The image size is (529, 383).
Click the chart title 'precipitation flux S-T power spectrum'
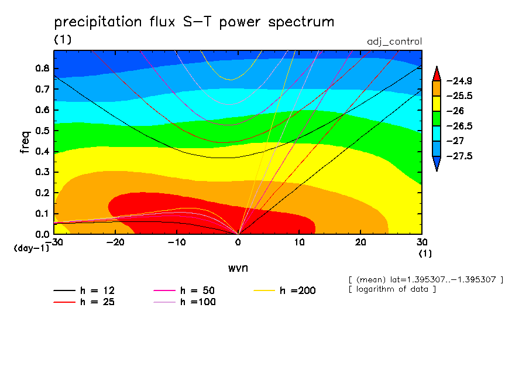tap(194, 23)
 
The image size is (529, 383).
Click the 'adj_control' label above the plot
tap(394, 42)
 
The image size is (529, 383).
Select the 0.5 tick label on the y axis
tap(42, 131)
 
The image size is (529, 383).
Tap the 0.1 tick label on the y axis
tap(42, 214)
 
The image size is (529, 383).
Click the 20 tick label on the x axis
tap(360, 242)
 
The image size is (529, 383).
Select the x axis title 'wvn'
tap(238, 268)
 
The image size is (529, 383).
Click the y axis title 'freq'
tap(25, 142)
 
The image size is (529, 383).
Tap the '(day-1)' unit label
tap(31, 248)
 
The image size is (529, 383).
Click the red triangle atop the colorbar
tap(436, 74)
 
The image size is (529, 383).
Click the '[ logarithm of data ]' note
tap(392, 289)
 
